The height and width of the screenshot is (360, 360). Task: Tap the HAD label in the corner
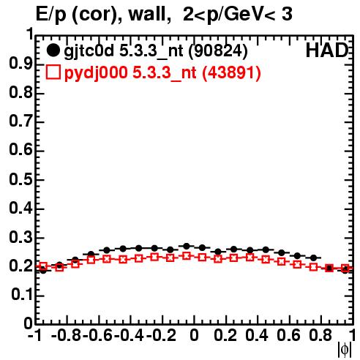[x=327, y=50]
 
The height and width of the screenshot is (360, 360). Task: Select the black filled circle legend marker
[x=53, y=50]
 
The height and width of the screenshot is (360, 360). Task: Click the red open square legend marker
[x=53, y=72]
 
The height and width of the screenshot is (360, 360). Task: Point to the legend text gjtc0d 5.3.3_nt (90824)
[x=156, y=51]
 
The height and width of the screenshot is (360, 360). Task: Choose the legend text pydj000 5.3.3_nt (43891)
[x=162, y=73]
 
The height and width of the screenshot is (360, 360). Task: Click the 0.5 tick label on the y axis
[x=21, y=179]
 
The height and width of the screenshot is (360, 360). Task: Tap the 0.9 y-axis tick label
[x=21, y=64]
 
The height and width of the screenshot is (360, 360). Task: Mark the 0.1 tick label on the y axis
[x=22, y=295]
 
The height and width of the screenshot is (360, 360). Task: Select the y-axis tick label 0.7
[x=21, y=121]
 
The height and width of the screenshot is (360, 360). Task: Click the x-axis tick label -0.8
[x=67, y=335]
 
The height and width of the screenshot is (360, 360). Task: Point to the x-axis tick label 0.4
[x=257, y=335]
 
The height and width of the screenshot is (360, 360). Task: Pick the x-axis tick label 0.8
[x=320, y=335]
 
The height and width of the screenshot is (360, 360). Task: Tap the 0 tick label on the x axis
[x=194, y=335]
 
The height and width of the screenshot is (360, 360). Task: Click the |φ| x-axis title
[x=345, y=350]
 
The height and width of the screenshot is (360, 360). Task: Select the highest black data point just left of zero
[x=187, y=246]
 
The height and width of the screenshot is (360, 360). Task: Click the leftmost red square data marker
[x=43, y=266]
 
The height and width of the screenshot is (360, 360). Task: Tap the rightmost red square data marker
[x=345, y=269]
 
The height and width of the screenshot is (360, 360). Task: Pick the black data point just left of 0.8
[x=314, y=258]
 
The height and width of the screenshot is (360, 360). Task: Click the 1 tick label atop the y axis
[x=30, y=34]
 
